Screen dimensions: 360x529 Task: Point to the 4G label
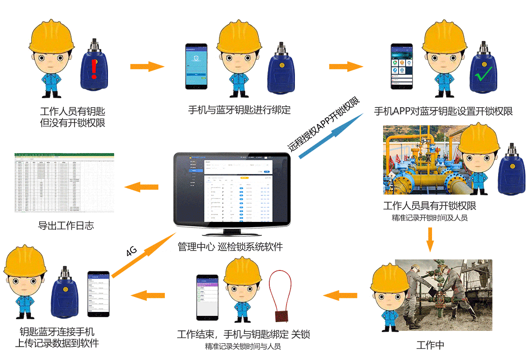pyautogui.click(x=131, y=251)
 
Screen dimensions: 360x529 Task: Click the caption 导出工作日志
pyautogui.click(x=66, y=226)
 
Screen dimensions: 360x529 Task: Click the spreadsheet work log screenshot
pyautogui.click(x=64, y=183)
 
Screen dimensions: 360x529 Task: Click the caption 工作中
pyautogui.click(x=430, y=345)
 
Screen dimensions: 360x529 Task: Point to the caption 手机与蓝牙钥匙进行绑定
pyautogui.click(x=239, y=110)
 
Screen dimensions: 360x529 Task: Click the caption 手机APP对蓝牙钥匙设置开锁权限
pyautogui.click(x=443, y=111)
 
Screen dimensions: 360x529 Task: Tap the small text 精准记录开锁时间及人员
pyautogui.click(x=429, y=218)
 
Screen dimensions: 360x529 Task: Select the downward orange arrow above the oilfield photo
pyautogui.click(x=430, y=240)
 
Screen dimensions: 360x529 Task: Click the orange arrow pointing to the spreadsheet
pyautogui.click(x=142, y=187)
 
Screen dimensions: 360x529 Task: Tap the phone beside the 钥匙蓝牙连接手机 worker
pyautogui.click(x=98, y=293)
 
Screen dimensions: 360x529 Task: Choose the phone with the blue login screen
pyautogui.click(x=196, y=66)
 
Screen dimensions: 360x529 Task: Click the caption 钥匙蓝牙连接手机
pyautogui.click(x=57, y=332)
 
